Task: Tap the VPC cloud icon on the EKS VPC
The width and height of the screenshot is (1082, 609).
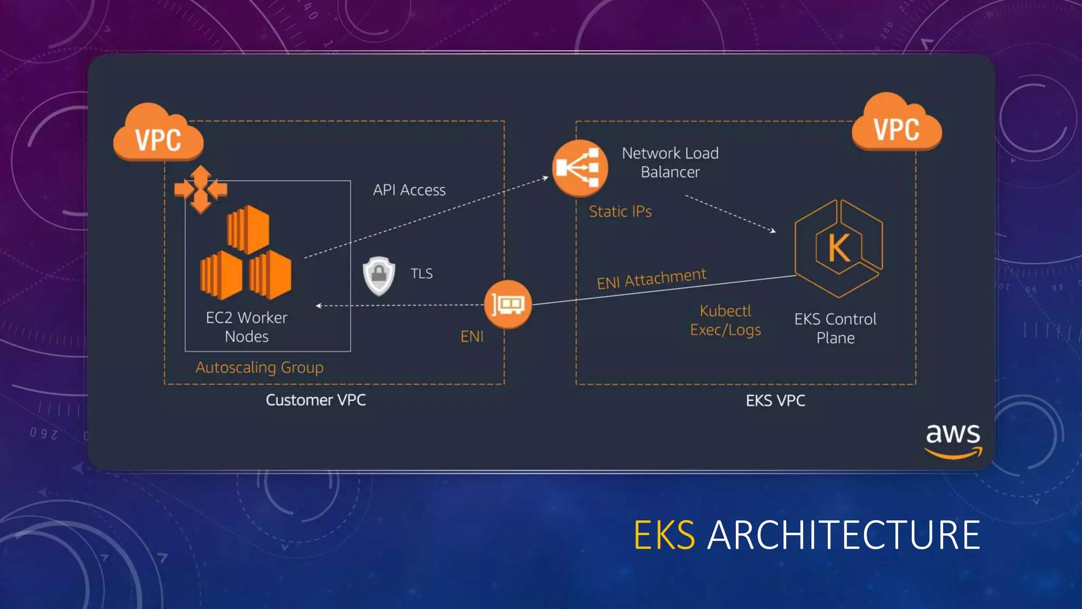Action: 897,125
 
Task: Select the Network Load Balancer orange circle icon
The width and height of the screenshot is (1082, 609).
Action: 580,168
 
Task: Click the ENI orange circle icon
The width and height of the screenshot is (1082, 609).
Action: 508,304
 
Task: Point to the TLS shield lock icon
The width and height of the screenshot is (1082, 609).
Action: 379,275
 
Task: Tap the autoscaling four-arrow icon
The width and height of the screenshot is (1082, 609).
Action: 201,189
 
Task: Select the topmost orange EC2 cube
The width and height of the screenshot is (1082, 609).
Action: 248,229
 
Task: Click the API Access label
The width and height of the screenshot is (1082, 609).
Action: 409,190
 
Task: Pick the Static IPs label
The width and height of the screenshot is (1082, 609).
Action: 620,212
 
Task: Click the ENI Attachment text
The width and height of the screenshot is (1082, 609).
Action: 651,279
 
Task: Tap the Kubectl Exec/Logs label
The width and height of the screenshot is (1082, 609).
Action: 725,320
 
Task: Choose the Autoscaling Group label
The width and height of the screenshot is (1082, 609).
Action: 259,367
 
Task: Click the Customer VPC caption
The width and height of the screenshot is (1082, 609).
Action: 315,400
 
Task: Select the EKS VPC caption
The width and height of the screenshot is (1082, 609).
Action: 775,401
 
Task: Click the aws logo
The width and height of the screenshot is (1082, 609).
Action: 953,440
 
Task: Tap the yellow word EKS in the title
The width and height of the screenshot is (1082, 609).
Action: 664,535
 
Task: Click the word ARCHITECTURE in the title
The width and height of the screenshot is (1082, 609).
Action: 844,535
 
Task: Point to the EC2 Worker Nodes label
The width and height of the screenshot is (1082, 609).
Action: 247,327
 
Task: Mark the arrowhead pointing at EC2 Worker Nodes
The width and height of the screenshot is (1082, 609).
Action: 319,306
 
